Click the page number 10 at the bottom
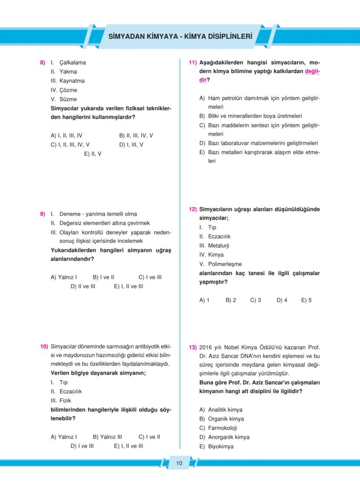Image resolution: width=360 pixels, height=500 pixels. pos(179,463)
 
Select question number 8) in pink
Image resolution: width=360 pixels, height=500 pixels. pos(43,63)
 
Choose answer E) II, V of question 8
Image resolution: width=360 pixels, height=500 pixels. pos(93,154)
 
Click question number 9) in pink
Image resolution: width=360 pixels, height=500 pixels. pos(43,214)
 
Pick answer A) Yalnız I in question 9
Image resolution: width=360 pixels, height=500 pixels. pos(64,277)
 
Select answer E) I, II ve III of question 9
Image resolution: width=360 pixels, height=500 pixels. pos(128,286)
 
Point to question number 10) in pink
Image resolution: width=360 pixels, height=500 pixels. pos(44,346)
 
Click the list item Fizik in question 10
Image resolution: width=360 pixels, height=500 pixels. pos(65,401)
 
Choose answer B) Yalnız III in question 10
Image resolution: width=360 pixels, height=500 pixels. pos(107,437)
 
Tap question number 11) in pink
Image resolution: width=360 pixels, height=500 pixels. pos(193,63)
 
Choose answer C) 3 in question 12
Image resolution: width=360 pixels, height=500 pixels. pos(256,300)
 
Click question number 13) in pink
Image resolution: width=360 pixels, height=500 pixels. pos(193,347)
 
